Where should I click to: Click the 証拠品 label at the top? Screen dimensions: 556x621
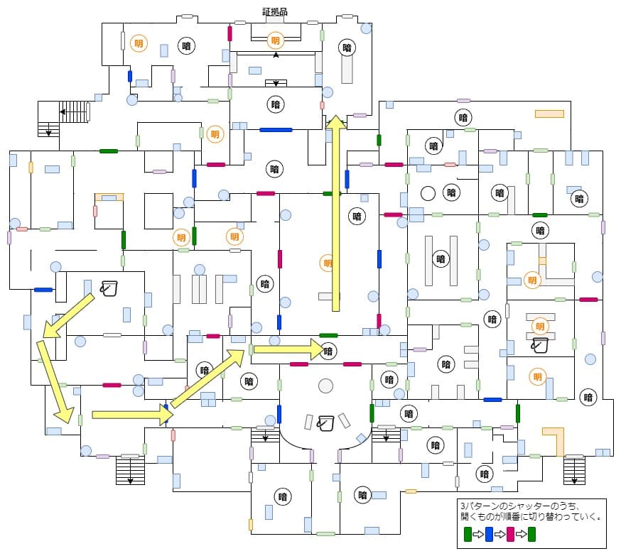[275, 11]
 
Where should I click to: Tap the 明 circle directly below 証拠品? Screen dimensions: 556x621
[276, 40]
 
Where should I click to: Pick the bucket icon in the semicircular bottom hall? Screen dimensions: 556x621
[325, 422]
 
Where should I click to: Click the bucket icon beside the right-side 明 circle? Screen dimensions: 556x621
[539, 345]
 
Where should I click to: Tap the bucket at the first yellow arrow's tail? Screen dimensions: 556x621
[109, 288]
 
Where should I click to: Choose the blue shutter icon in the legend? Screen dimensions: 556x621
[490, 533]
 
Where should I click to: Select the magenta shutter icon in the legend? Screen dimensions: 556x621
[510, 533]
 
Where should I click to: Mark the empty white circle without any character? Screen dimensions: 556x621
[428, 193]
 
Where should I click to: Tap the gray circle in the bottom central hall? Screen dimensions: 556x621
[325, 386]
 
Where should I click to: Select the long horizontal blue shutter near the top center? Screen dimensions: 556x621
[276, 130]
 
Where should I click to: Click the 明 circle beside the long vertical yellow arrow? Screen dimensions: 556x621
[327, 263]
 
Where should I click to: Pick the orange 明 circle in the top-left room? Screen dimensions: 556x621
[139, 43]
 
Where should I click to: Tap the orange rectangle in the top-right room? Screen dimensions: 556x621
[549, 114]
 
